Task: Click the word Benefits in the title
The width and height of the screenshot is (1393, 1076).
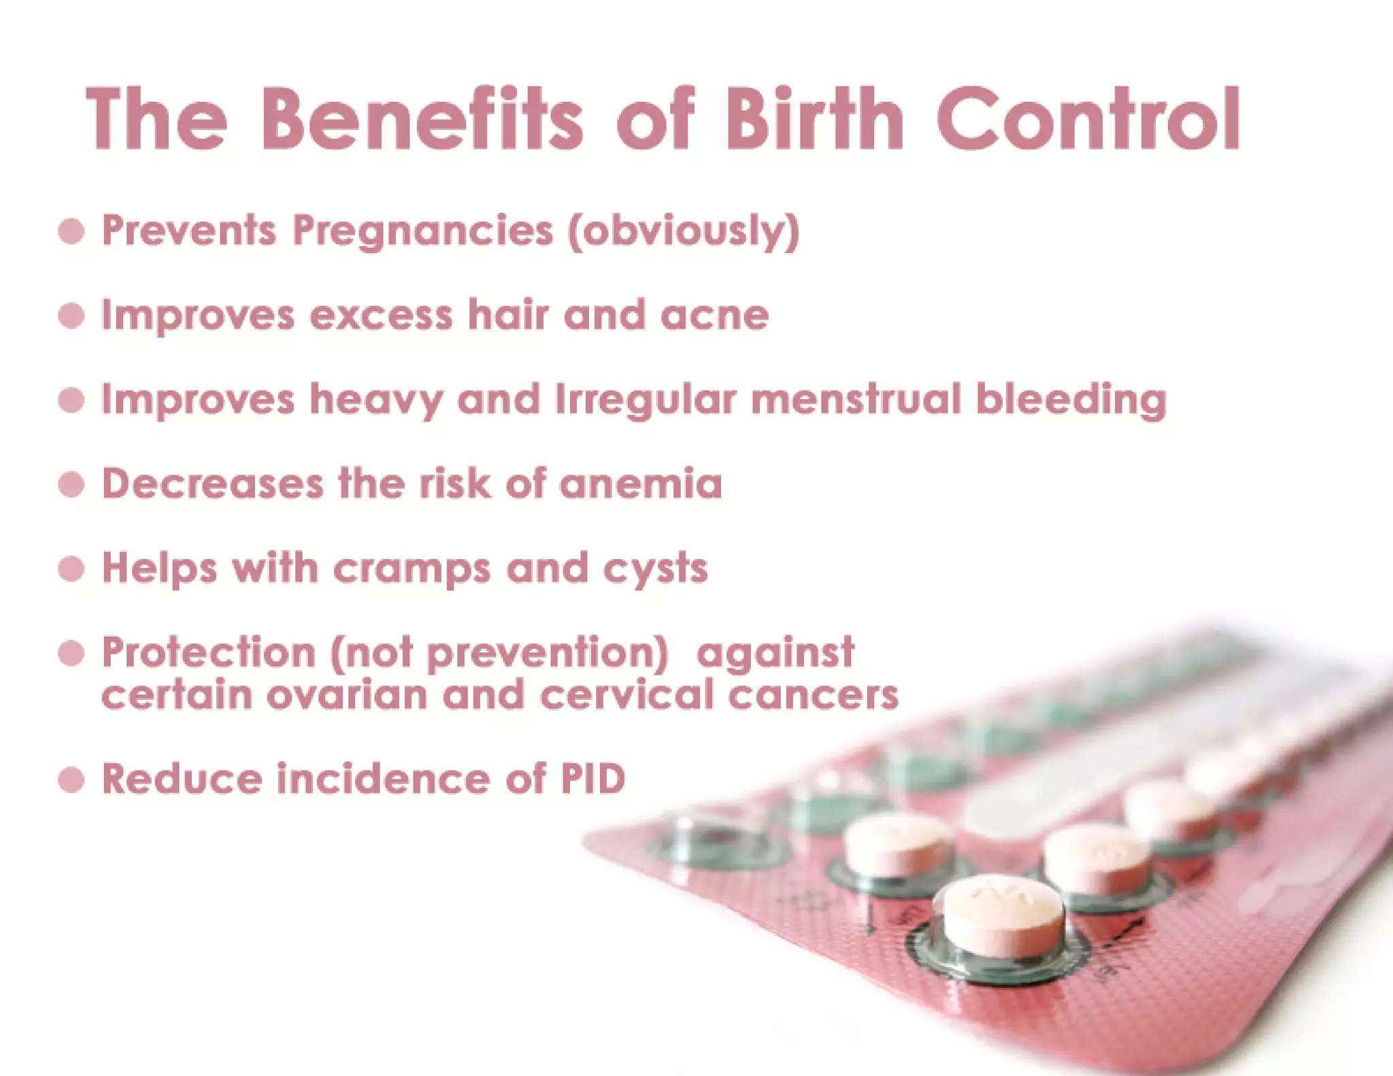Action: [422, 119]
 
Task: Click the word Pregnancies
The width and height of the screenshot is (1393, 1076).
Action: [422, 231]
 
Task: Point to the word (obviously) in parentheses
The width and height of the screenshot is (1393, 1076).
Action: [684, 231]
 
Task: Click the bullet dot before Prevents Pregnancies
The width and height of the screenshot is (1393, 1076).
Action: [71, 231]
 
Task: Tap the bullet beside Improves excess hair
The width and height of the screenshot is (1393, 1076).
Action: [71, 316]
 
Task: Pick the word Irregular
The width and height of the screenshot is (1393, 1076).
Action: [645, 399]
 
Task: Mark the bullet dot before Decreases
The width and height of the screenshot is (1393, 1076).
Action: [71, 485]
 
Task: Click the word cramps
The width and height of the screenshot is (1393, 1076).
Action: [412, 569]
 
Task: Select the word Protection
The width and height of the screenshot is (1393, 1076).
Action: [209, 652]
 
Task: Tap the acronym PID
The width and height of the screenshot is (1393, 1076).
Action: [592, 779]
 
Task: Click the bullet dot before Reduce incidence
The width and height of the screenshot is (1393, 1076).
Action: [71, 780]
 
